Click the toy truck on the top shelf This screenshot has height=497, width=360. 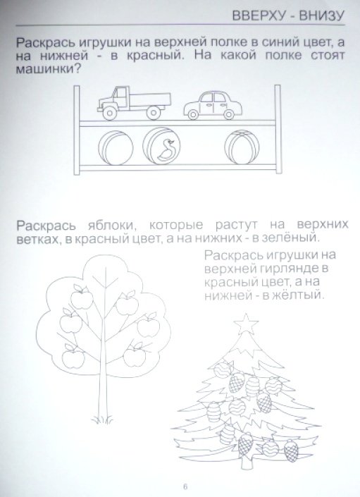[x=134, y=102]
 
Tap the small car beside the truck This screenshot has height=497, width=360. [x=213, y=106]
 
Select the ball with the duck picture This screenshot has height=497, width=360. [x=161, y=146]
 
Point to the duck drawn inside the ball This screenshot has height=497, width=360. [x=166, y=149]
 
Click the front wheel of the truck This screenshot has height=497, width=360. [x=111, y=112]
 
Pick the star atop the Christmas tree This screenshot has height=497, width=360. [x=246, y=324]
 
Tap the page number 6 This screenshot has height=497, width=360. [x=185, y=486]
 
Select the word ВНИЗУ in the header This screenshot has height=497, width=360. [x=321, y=16]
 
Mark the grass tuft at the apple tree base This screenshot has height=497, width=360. [x=102, y=419]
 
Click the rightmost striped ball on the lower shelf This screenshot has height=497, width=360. [x=242, y=147]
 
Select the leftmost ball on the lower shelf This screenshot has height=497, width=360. [x=116, y=148]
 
